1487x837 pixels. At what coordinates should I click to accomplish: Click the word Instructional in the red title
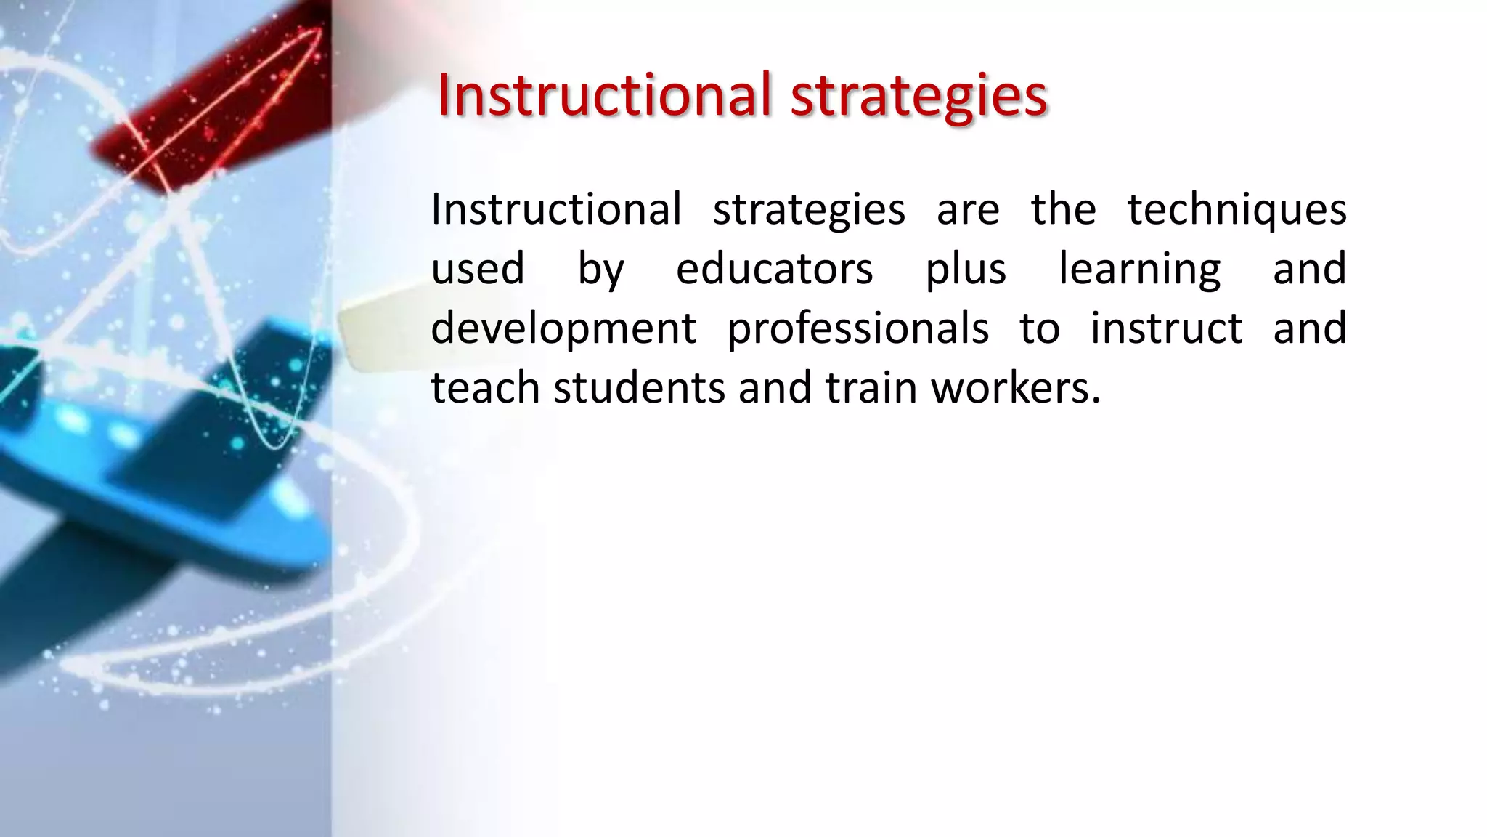click(x=603, y=95)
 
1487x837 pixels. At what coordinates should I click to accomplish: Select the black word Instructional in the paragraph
click(x=556, y=209)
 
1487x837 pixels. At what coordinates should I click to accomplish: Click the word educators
click(x=774, y=269)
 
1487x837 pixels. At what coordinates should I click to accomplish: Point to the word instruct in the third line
click(x=1166, y=328)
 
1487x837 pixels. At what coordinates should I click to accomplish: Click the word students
click(x=639, y=388)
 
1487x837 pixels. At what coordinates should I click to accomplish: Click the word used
click(x=478, y=269)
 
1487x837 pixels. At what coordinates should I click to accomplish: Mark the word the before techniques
click(x=1063, y=209)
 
